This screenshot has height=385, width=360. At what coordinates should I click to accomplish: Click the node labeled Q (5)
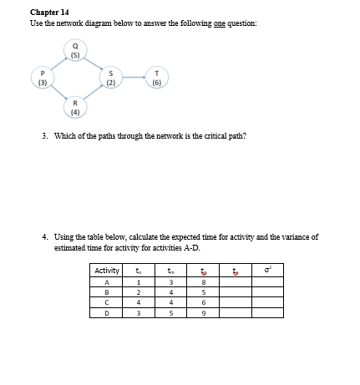[76, 53]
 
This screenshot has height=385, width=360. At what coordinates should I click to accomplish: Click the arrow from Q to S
[94, 64]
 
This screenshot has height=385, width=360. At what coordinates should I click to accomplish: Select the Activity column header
[107, 270]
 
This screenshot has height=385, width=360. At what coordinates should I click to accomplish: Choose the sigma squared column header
[267, 270]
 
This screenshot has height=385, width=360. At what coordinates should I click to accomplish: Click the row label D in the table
[107, 313]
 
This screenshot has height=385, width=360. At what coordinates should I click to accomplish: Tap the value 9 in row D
[203, 313]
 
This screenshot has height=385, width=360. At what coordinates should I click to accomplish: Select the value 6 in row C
[203, 302]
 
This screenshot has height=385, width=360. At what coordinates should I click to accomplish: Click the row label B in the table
[107, 292]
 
